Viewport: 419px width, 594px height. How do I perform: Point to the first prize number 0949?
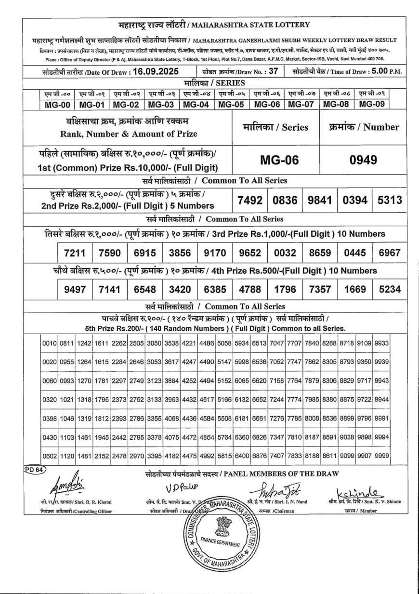pos(364,161)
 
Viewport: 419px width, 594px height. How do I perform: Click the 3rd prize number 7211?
pos(75,252)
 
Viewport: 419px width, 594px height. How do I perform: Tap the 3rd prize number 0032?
pos(285,252)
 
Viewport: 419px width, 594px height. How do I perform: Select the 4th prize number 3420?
pos(180,289)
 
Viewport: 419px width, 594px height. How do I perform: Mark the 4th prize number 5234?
pos(390,289)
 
